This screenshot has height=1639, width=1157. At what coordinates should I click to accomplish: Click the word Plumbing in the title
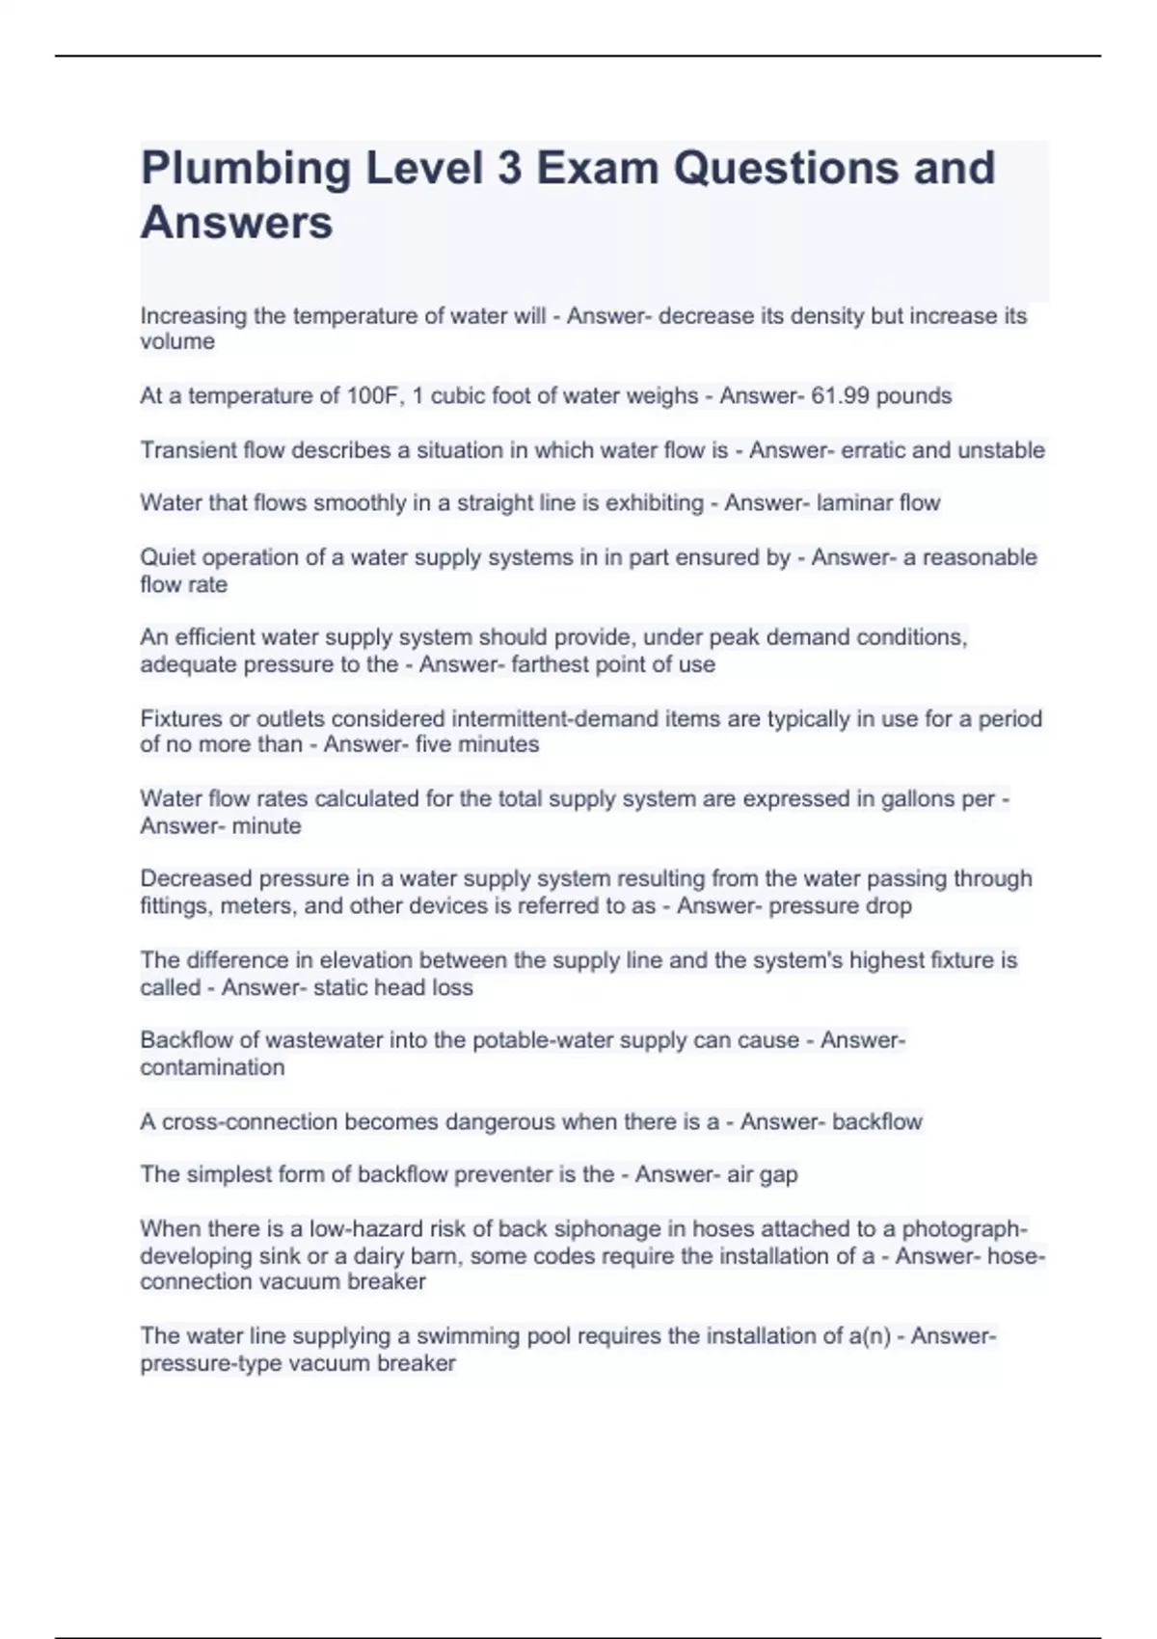(246, 170)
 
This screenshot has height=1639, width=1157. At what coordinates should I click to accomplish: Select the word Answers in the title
(237, 223)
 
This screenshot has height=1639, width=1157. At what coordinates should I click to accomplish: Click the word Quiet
(168, 557)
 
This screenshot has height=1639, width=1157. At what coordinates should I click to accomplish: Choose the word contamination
(212, 1067)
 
